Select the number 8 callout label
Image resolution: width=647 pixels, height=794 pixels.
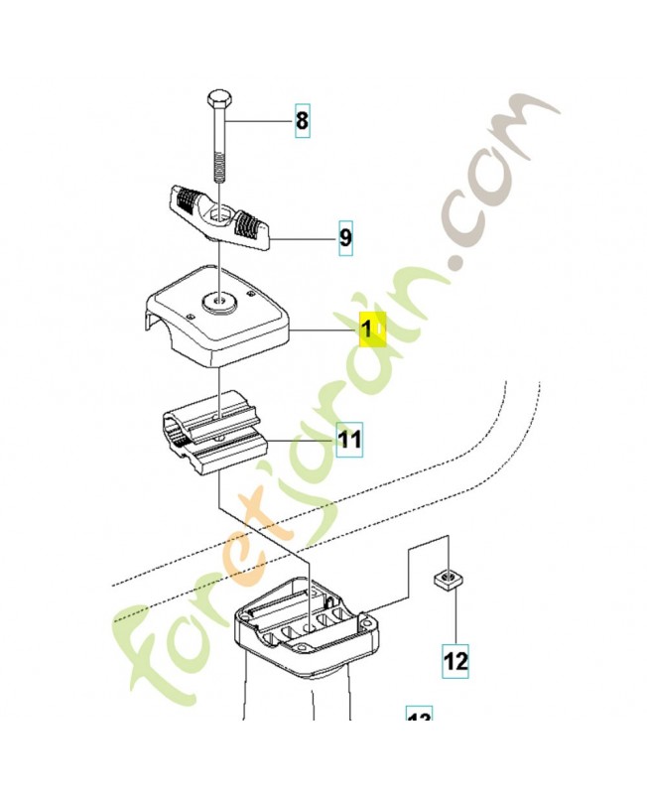point(302,123)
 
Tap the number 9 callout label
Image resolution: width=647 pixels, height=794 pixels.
point(345,238)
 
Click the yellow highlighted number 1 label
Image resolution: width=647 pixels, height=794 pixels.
point(369,330)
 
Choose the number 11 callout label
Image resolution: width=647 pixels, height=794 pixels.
point(349,439)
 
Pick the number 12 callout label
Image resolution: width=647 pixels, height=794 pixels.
point(455,659)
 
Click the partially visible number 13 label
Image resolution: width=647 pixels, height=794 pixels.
point(420,718)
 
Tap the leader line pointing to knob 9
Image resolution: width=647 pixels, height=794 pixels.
point(304,238)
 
